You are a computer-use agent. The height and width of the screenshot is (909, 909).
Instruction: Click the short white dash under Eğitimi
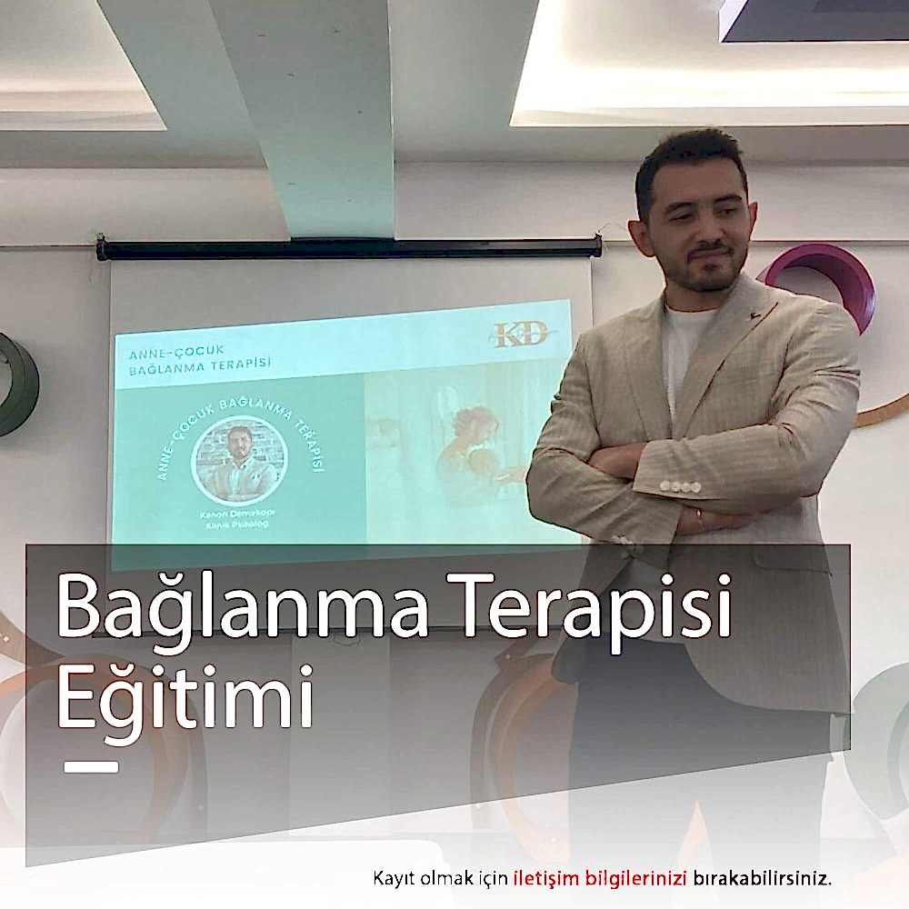coord(91,767)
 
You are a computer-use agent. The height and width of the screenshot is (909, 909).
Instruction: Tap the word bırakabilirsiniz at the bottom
coord(763,879)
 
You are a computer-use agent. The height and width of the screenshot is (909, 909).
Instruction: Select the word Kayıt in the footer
coord(392,879)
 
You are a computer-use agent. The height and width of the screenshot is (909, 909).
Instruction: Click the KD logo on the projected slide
coord(520,335)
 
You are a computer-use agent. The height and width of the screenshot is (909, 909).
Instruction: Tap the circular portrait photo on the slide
coord(239,459)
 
